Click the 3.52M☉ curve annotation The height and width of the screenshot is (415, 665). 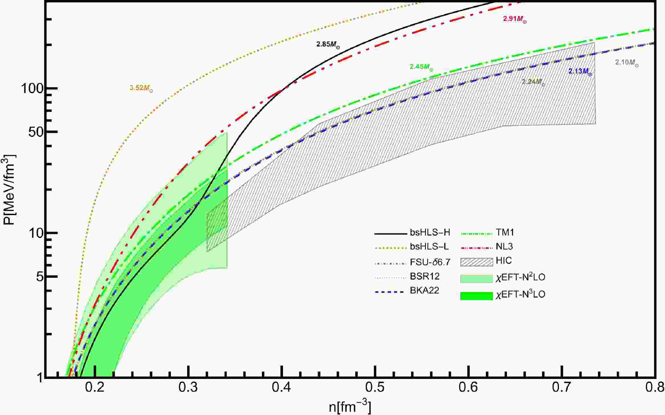[141, 88]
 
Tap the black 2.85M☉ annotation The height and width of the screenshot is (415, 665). [328, 45]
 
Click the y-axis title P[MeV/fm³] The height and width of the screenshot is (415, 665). [10, 190]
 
